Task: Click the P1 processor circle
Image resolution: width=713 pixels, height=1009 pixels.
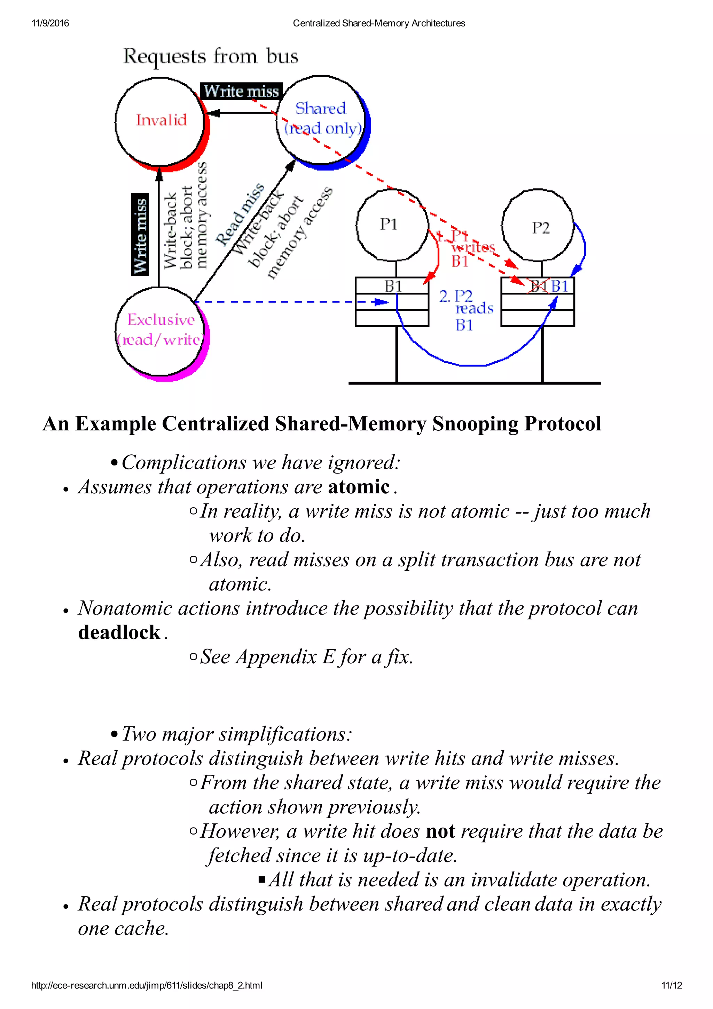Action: tap(391, 225)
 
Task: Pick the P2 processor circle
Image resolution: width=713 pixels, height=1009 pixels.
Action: tap(538, 226)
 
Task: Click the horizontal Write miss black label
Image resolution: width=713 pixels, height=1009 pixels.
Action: tap(241, 91)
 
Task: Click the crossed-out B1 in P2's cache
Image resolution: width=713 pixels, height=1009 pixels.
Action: tap(538, 287)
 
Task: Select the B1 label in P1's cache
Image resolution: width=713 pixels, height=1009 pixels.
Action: tap(393, 286)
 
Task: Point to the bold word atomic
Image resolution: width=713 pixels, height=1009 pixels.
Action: tap(359, 487)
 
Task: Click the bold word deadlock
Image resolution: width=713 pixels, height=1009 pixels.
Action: tap(119, 632)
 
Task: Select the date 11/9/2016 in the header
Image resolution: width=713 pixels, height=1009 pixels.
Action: tap(50, 23)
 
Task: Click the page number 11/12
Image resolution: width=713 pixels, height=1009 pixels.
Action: tap(671, 985)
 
